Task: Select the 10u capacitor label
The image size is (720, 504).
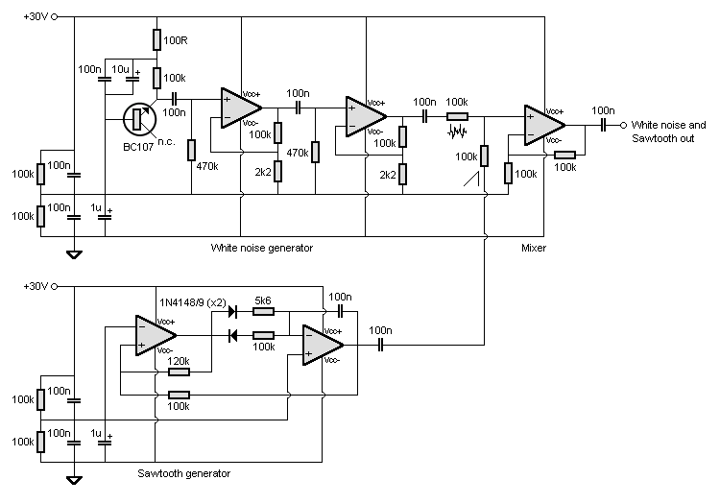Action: point(121,69)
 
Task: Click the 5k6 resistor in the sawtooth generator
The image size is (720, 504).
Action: point(262,311)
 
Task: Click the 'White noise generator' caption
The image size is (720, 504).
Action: point(262,248)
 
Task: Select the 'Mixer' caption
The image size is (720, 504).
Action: point(535,248)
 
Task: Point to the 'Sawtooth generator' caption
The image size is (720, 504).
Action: point(184,473)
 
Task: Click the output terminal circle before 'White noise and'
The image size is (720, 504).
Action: point(623,126)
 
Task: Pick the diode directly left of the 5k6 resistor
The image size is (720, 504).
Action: point(232,311)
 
